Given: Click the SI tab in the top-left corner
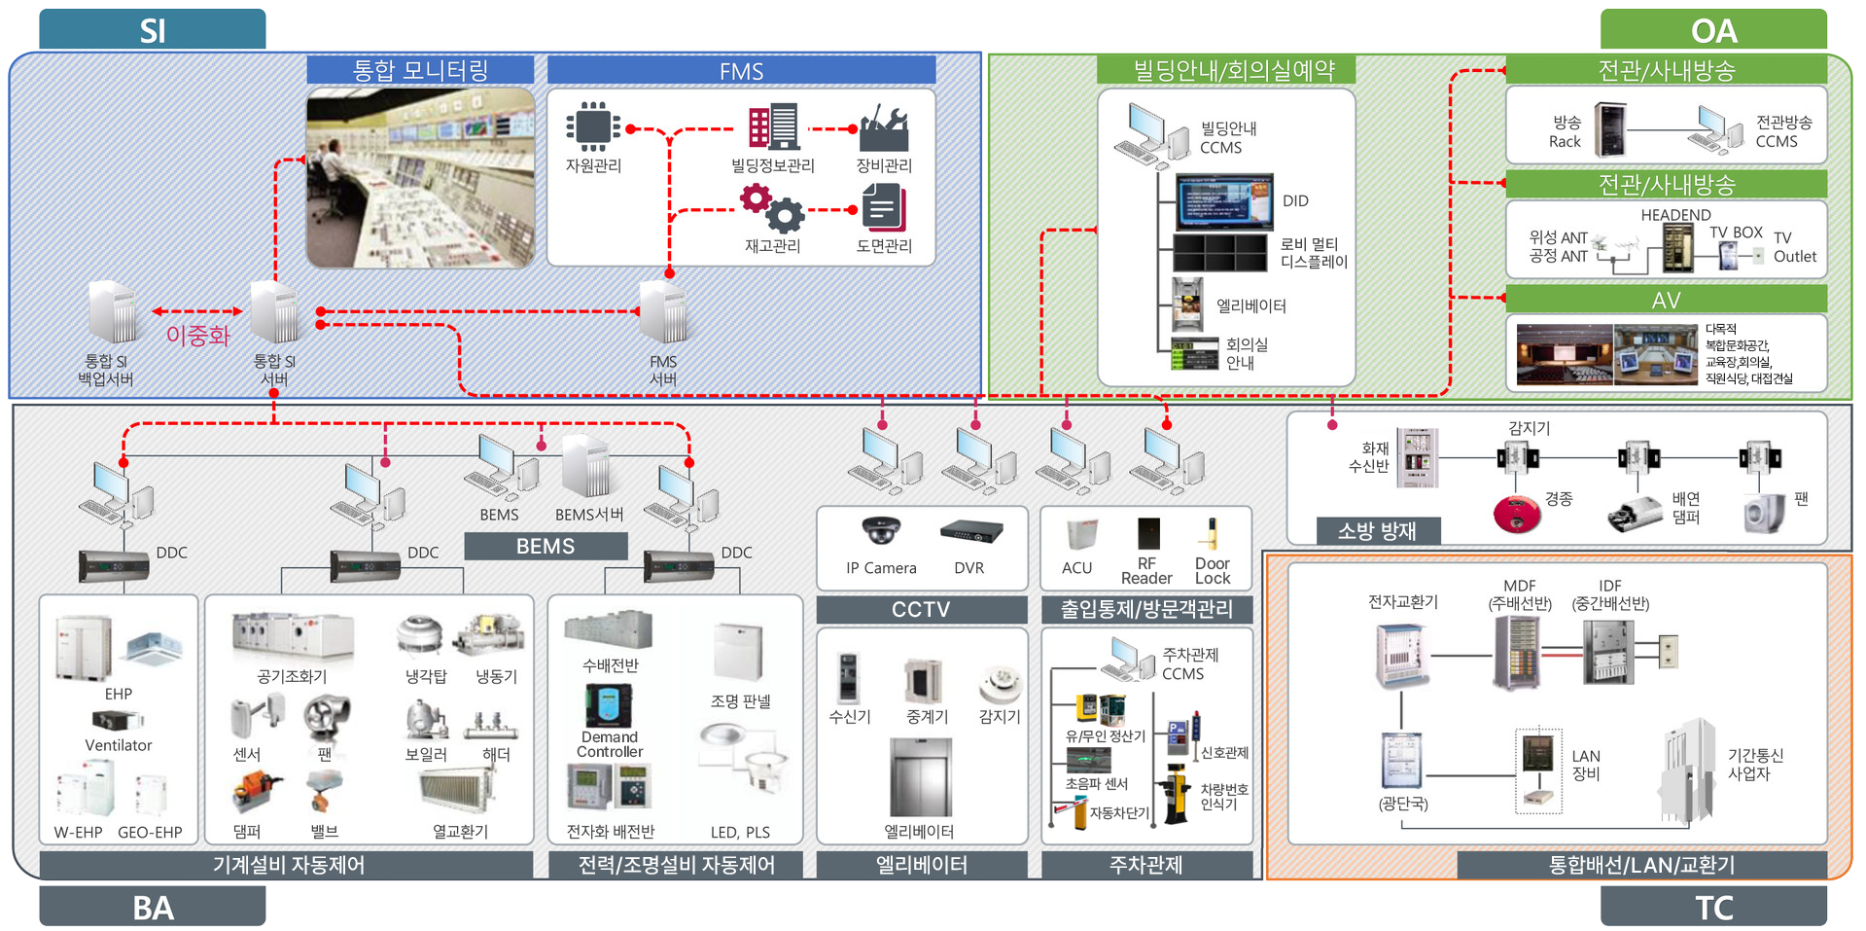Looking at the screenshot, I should [153, 30].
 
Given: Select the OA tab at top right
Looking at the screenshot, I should [1713, 30].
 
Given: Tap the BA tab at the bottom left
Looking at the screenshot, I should [153, 907].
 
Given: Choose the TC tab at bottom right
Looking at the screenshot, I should [1713, 907].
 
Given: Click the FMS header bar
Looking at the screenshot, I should [741, 71].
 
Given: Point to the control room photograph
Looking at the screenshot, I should [420, 177].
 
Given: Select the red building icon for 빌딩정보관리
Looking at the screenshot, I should [773, 127].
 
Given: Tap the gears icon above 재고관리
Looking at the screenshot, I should [772, 207].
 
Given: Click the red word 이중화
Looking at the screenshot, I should [197, 336].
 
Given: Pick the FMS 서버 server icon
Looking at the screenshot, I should [664, 312].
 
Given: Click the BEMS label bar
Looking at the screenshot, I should [546, 547].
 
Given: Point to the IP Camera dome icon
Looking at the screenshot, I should [881, 530].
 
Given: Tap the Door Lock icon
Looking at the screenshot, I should [1212, 533].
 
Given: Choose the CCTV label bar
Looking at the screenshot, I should [921, 610].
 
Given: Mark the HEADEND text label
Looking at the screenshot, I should [1675, 215].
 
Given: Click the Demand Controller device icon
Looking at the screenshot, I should [609, 705].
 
